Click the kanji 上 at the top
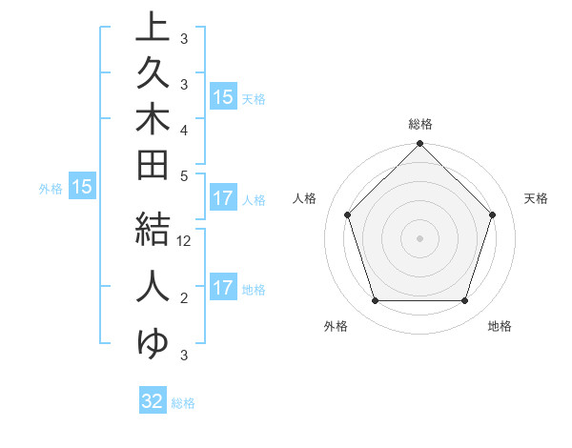point(153,28)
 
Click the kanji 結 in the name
point(153,230)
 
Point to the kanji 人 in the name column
point(153,286)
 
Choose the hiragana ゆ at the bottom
point(153,342)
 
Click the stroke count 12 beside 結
point(184,242)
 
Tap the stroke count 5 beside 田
point(184,175)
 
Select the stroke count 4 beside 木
point(184,130)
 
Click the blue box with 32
point(153,401)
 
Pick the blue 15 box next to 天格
point(223,96)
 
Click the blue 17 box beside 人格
point(223,198)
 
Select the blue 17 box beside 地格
point(223,288)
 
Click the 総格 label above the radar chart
point(420,124)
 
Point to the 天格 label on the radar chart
point(536,198)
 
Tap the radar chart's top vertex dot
point(419,145)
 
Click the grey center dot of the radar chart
point(419,237)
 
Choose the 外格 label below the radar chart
point(336,326)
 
